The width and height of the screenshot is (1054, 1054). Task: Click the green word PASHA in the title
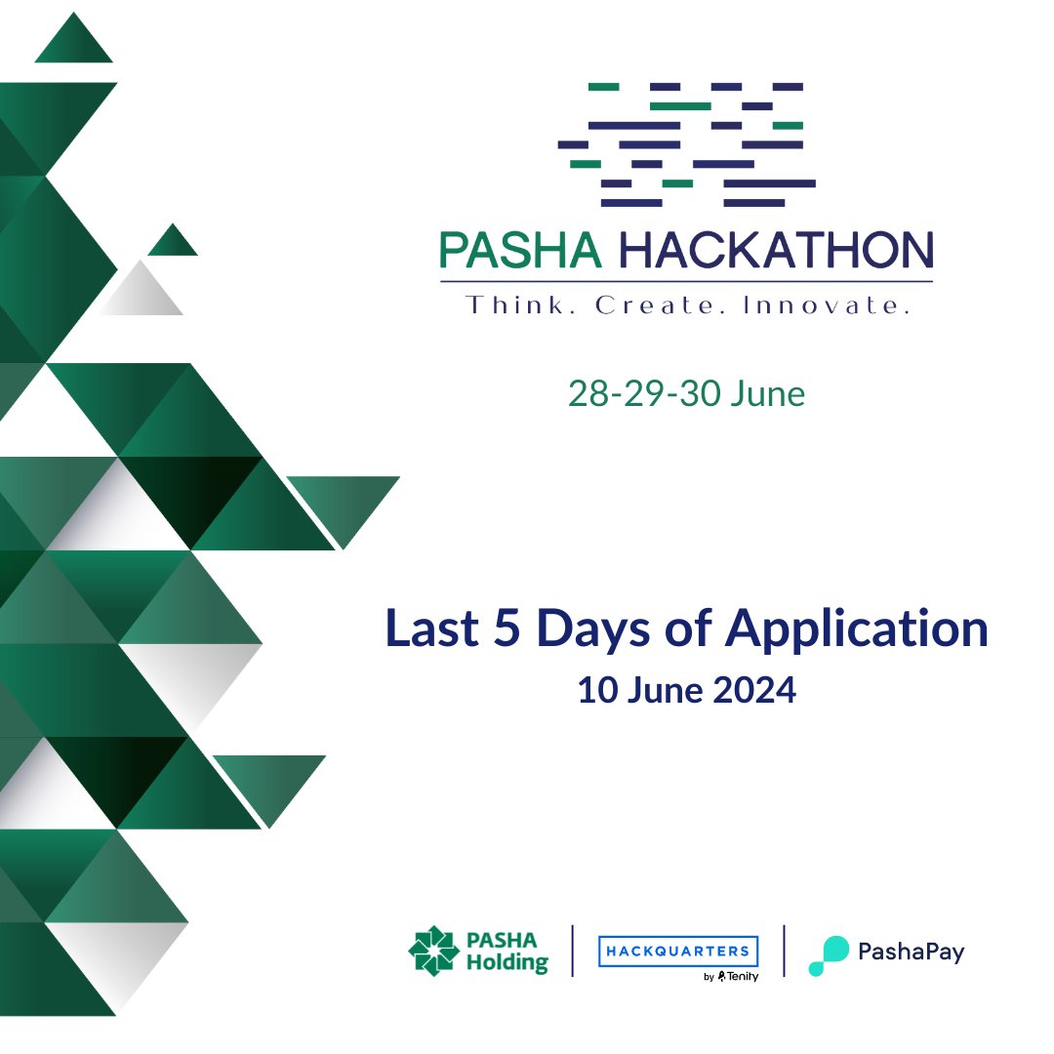click(520, 250)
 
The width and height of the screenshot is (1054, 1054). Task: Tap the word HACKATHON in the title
click(776, 250)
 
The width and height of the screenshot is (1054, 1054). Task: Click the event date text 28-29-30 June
click(686, 393)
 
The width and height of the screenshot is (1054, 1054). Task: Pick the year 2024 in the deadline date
click(752, 690)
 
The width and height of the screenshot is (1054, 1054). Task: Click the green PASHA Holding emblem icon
click(432, 951)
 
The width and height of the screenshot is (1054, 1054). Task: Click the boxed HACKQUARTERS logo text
click(678, 951)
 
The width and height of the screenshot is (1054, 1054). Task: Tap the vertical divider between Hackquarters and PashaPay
click(785, 951)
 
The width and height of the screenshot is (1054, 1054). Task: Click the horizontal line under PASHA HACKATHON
click(686, 281)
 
